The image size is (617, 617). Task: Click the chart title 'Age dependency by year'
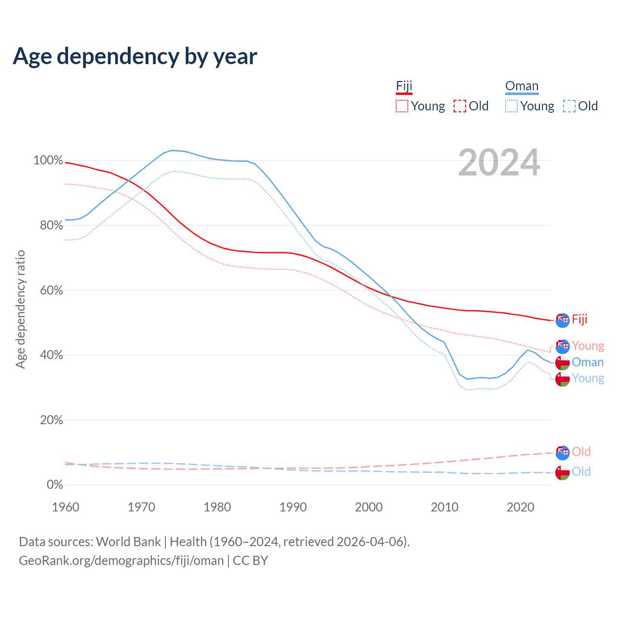135,56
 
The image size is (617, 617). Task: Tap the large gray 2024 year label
499,163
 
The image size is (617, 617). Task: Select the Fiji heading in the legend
404,86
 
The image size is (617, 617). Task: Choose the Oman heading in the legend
522,86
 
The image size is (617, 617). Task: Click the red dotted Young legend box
402,106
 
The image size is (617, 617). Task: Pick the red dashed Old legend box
460,106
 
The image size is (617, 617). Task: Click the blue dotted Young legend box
511,106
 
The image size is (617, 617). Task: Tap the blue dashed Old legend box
569,106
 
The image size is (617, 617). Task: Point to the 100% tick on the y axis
48,161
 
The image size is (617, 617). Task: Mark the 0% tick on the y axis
54,484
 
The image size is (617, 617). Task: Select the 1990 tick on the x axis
293,507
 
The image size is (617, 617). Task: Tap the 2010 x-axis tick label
444,507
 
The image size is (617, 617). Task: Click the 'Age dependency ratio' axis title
20,309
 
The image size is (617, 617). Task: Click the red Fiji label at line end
579,320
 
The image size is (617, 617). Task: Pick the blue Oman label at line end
588,362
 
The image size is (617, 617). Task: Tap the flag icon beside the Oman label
563,362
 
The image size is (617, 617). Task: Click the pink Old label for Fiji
581,452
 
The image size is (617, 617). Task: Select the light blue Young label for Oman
588,378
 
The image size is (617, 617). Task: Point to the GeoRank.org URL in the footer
121,561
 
